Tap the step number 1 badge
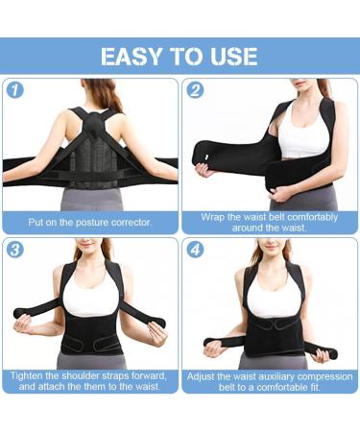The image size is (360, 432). pyautogui.click(x=14, y=91)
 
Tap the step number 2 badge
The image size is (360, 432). pyautogui.click(x=196, y=91)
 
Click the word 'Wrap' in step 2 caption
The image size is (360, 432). pyautogui.click(x=215, y=217)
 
